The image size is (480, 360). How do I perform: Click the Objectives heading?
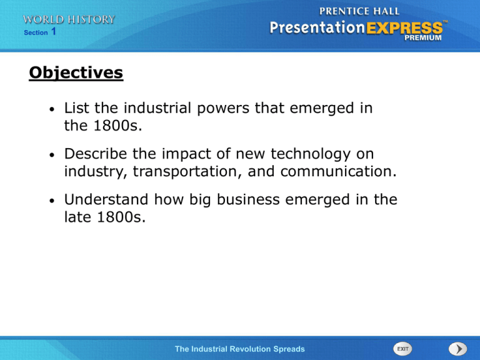click(76, 73)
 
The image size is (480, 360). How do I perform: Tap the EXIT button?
click(402, 349)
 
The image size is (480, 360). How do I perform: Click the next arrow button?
click(458, 349)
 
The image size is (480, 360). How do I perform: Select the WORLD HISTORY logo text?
click(69, 19)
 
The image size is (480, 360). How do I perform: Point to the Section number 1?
click(54, 31)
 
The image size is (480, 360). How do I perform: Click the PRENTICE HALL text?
click(359, 11)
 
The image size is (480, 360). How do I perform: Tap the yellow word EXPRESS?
click(404, 28)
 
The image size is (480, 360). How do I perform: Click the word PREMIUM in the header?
click(423, 37)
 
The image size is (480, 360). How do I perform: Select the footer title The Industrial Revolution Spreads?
click(240, 349)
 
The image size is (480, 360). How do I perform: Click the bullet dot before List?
click(52, 109)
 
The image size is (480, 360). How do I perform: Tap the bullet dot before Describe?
click(52, 155)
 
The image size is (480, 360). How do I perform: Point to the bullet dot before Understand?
click(52, 201)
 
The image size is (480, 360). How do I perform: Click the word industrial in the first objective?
click(157, 107)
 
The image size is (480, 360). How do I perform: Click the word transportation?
click(185, 171)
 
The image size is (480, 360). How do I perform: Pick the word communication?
click(338, 171)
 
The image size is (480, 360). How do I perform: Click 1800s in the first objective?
click(117, 126)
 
